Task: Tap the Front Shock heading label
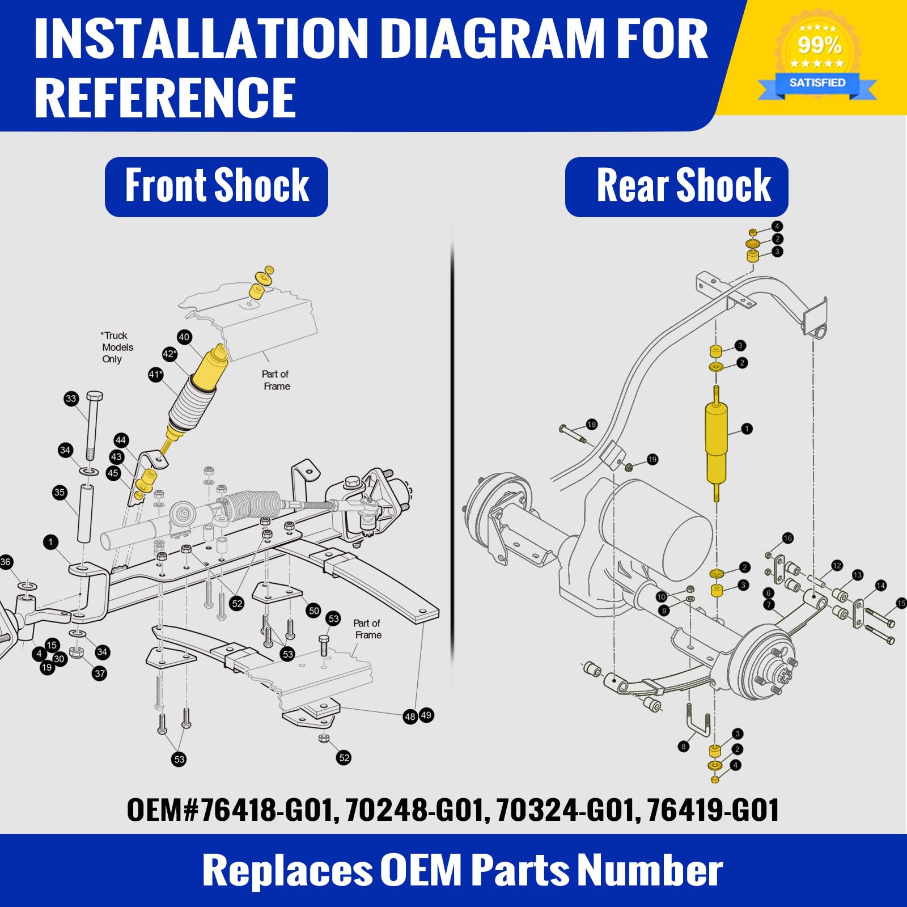(x=217, y=187)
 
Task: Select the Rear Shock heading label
(x=677, y=187)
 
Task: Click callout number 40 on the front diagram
(x=184, y=337)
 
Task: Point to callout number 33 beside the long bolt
(x=71, y=399)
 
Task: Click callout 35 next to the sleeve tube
(x=60, y=492)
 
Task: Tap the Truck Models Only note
(x=117, y=347)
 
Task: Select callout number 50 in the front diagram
(x=313, y=611)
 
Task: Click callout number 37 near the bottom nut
(x=100, y=673)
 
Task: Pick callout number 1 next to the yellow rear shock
(x=747, y=429)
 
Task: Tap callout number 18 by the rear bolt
(x=592, y=424)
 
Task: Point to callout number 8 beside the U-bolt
(x=684, y=746)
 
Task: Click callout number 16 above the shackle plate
(x=787, y=538)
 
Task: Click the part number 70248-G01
(x=417, y=809)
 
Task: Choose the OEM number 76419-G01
(x=713, y=809)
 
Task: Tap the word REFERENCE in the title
(x=165, y=98)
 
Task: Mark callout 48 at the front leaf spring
(x=410, y=717)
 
